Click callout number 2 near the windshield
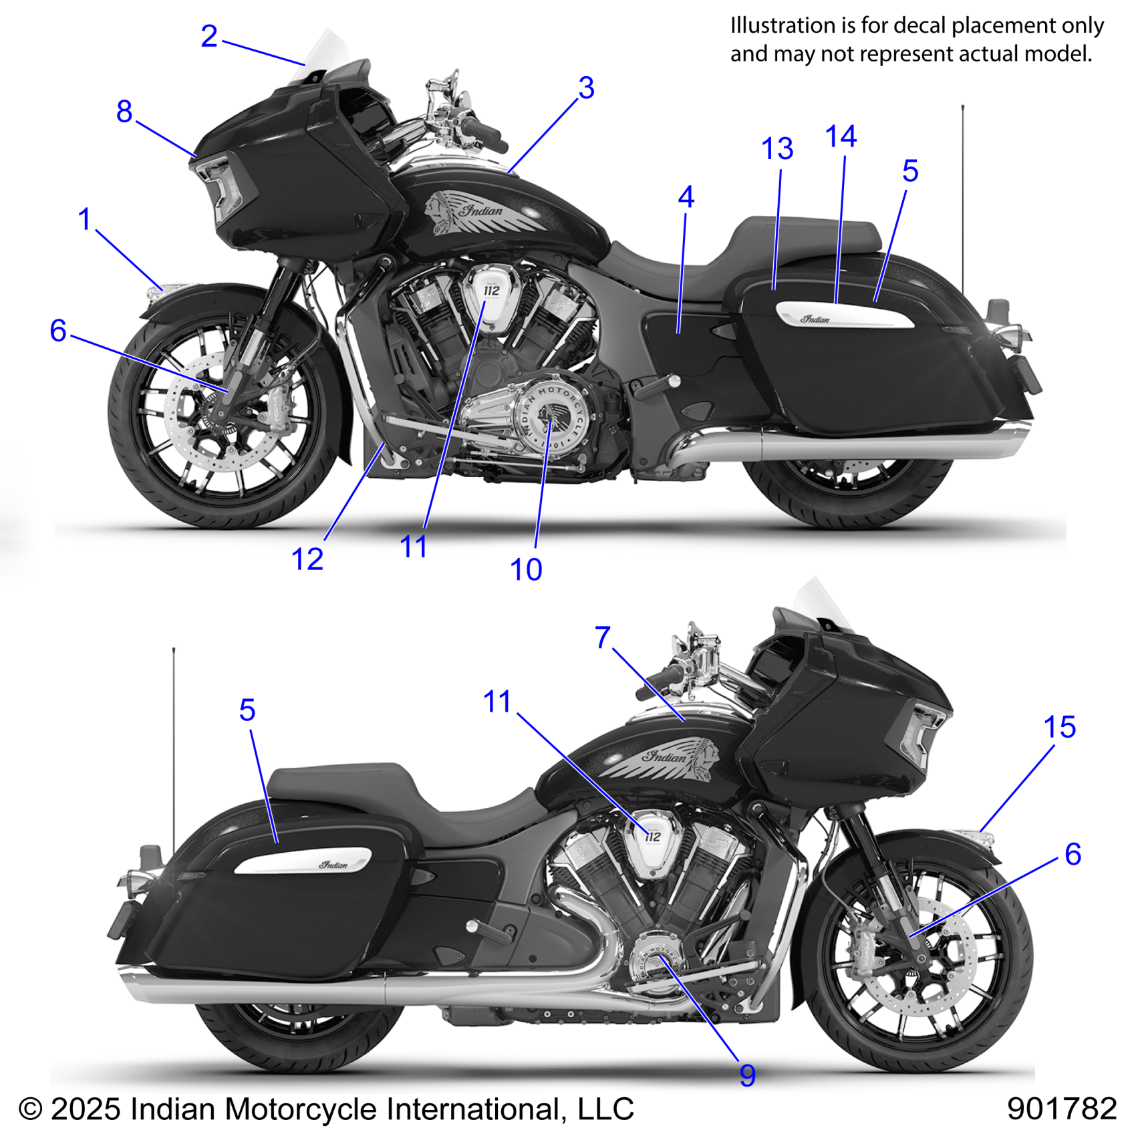(209, 36)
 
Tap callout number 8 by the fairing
(124, 112)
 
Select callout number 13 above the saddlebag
(777, 148)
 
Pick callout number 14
(841, 137)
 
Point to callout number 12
(307, 559)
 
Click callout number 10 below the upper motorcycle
(526, 569)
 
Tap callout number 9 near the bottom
(748, 1075)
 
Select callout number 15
(1060, 727)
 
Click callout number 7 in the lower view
(603, 637)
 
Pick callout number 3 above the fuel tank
(586, 88)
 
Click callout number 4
(686, 197)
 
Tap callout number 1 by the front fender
(84, 219)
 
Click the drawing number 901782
(1061, 1109)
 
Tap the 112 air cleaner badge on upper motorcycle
(492, 291)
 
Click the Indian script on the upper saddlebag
(816, 319)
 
